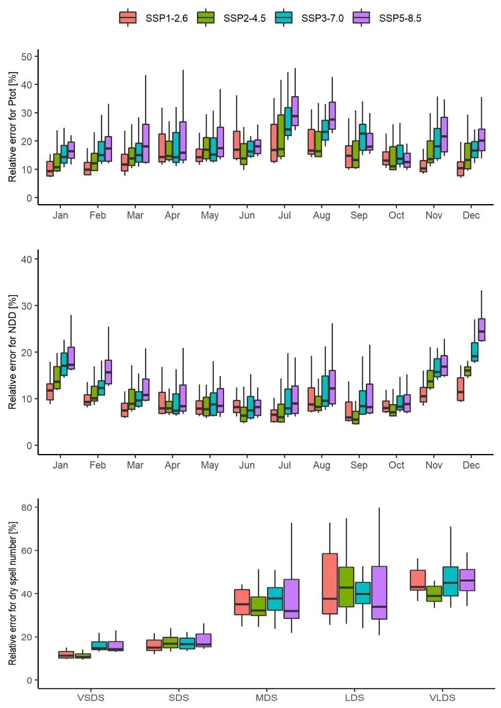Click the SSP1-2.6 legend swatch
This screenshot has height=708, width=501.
(128, 18)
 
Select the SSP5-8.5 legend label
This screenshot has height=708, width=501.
(400, 19)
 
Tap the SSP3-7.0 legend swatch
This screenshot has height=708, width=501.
(283, 18)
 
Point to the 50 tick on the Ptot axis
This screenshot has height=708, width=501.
(27, 56)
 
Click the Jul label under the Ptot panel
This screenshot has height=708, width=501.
(284, 215)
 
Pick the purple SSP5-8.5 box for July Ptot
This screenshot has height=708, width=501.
(295, 111)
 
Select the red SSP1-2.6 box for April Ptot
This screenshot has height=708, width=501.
(162, 148)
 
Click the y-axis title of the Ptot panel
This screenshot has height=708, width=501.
(12, 127)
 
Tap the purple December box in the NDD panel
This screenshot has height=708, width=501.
(481, 329)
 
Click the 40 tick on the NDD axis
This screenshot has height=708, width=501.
(27, 259)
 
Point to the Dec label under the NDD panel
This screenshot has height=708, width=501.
(471, 465)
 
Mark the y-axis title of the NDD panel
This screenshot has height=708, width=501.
(12, 352)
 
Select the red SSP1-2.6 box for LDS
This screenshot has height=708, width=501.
(330, 583)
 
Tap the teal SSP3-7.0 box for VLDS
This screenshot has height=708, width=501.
(450, 581)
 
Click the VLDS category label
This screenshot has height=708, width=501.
(442, 698)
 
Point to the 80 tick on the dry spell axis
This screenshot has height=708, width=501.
(27, 508)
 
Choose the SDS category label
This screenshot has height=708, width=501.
(178, 698)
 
